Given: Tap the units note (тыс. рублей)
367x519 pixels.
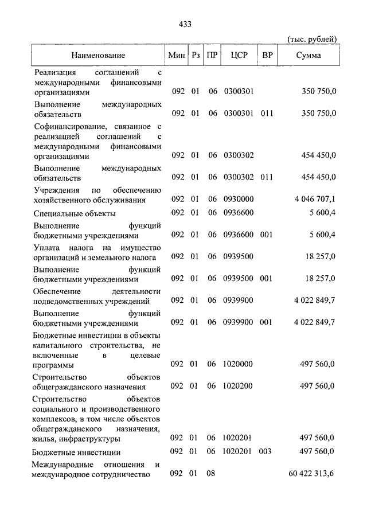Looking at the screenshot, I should click(312, 38).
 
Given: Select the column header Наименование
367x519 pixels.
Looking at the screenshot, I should click(98, 56).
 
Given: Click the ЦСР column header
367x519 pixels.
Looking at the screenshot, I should click(238, 56).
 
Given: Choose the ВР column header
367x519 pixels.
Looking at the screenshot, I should click(267, 56).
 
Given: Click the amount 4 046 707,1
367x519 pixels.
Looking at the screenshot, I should click(314, 200).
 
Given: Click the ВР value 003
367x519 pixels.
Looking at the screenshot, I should click(265, 451).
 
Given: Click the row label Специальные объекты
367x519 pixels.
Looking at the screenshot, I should click(75, 213).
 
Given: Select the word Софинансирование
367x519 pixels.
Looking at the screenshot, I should click(67, 126).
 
